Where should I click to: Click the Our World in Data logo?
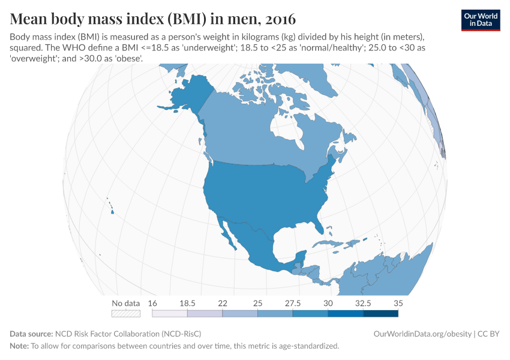[480, 20]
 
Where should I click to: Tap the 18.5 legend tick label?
[187, 303]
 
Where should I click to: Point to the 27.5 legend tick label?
[293, 303]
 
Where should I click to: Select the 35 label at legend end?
[398, 303]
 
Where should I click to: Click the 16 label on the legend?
[152, 303]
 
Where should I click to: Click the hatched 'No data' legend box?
[126, 313]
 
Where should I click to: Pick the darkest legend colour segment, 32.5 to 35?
[380, 313]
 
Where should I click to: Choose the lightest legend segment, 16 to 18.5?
[170, 313]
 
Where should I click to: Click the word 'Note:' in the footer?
[19, 346]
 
